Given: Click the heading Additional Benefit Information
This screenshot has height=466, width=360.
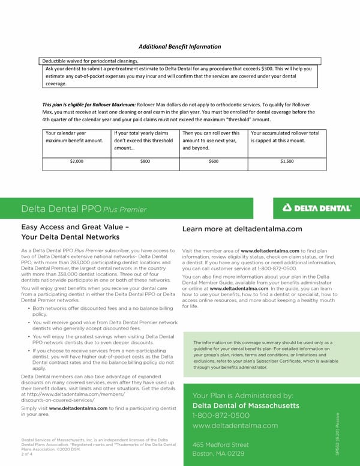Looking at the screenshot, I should click(180, 47).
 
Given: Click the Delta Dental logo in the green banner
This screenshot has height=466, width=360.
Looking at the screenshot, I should click(317, 208).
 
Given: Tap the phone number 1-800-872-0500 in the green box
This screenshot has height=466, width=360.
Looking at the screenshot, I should click(220, 416).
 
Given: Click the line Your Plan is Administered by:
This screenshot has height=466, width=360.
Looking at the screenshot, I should click(242, 395).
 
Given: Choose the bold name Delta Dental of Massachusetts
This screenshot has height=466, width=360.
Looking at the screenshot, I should click(246, 406).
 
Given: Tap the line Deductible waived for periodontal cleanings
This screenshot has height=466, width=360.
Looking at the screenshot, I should click(90, 61).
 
